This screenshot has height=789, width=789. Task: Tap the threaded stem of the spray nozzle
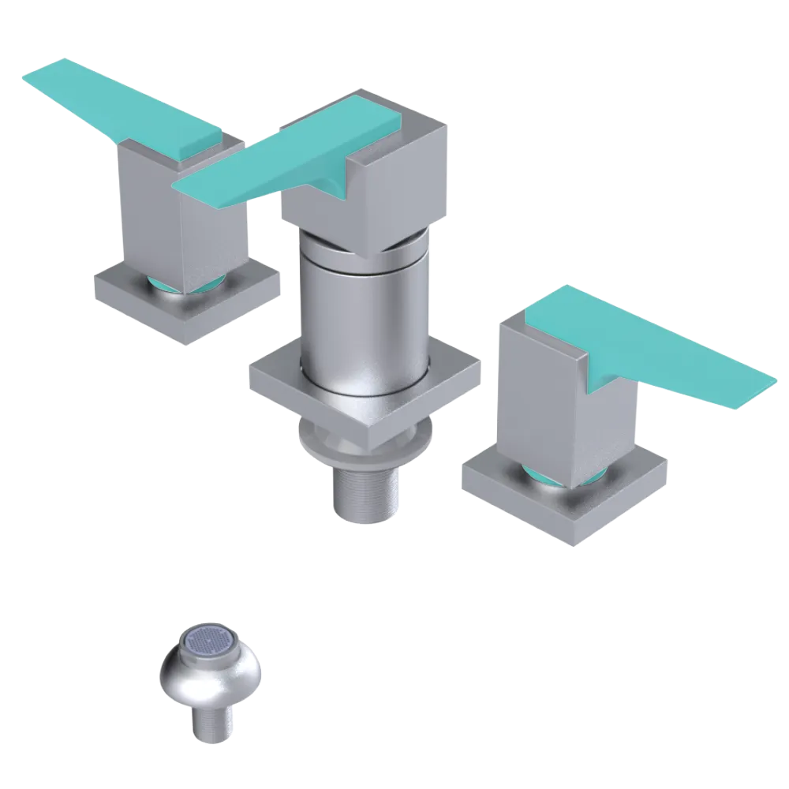pos(211,722)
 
